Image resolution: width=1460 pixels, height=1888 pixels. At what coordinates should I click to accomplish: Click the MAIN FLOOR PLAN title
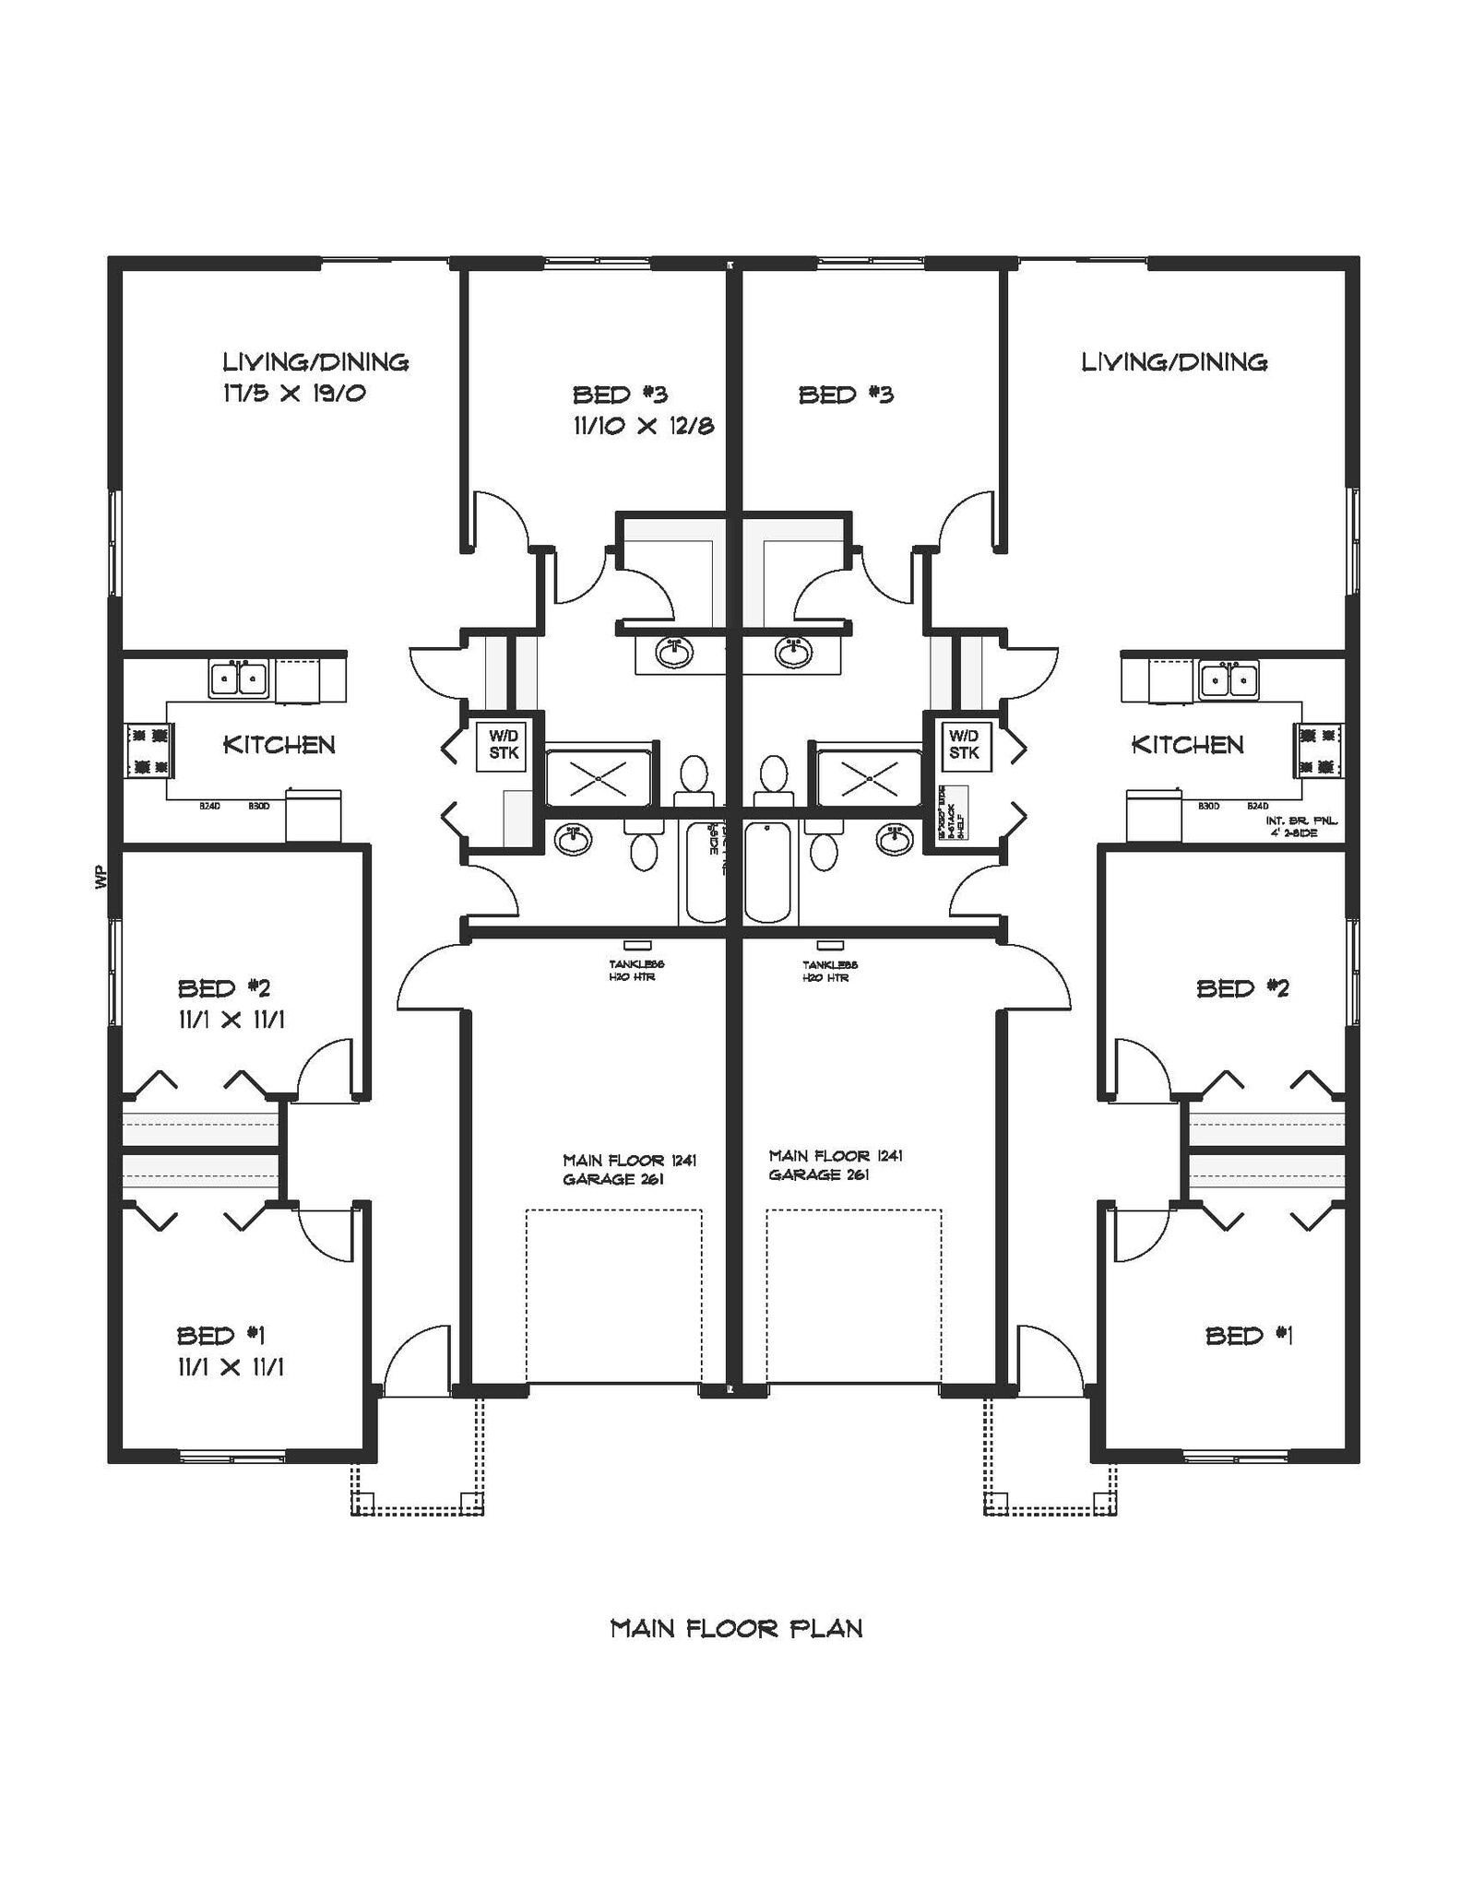[736, 1629]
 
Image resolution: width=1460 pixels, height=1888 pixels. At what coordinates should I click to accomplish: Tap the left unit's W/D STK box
[504, 745]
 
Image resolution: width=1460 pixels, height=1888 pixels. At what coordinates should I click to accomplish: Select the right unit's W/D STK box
[964, 745]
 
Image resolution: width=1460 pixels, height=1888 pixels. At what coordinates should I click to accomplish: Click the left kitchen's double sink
[239, 680]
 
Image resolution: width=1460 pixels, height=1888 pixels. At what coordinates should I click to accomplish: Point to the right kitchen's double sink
[1229, 680]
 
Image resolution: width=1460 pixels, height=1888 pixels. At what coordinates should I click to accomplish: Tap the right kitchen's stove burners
[1318, 749]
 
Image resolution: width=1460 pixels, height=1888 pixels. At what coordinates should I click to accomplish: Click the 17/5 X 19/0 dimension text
[294, 394]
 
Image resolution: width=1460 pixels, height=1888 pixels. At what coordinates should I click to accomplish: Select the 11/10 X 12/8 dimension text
[643, 426]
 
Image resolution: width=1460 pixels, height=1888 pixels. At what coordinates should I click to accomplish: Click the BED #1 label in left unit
[221, 1335]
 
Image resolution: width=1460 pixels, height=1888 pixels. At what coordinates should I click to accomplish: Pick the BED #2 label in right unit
[1241, 988]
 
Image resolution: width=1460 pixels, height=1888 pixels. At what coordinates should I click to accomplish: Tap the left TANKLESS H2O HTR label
[635, 970]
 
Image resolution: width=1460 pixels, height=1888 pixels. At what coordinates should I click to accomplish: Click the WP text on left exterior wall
[101, 879]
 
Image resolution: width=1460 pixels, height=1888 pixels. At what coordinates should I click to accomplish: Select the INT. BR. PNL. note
[1301, 820]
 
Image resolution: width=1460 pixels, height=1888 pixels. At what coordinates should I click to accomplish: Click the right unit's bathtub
[767, 872]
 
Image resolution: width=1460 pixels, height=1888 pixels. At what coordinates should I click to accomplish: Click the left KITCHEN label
[279, 745]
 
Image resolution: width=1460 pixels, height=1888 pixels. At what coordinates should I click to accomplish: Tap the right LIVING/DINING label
[1174, 362]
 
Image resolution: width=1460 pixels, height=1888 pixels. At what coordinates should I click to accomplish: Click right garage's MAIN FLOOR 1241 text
[835, 1155]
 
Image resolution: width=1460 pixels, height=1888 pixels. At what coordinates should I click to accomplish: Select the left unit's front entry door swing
[415, 1359]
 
